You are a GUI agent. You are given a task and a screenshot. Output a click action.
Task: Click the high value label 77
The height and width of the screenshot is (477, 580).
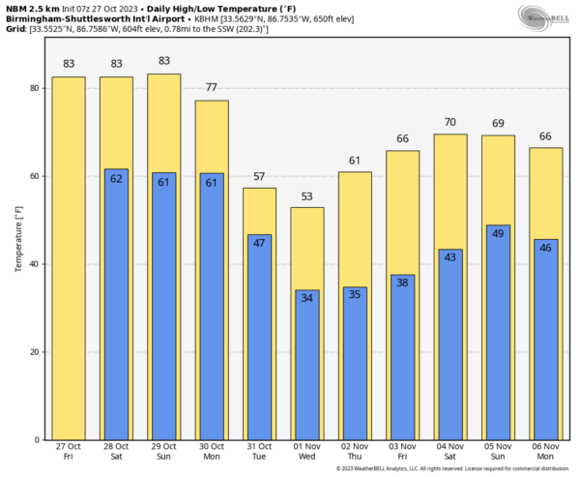[x=212, y=87]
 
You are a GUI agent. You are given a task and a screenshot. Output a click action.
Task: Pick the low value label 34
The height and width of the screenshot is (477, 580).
[x=307, y=298]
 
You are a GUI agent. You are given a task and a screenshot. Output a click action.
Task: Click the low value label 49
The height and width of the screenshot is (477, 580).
[x=498, y=233]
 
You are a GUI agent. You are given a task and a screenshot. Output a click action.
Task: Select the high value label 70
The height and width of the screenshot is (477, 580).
[x=449, y=122]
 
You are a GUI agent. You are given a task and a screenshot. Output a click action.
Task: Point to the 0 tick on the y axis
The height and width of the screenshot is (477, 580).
[x=35, y=440]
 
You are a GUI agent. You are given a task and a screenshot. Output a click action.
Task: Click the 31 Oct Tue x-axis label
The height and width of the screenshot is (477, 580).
[x=259, y=453]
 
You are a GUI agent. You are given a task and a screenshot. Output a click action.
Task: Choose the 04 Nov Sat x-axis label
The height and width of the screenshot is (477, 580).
[x=449, y=453]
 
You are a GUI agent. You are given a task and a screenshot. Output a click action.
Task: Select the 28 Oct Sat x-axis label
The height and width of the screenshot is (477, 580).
[x=115, y=453]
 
